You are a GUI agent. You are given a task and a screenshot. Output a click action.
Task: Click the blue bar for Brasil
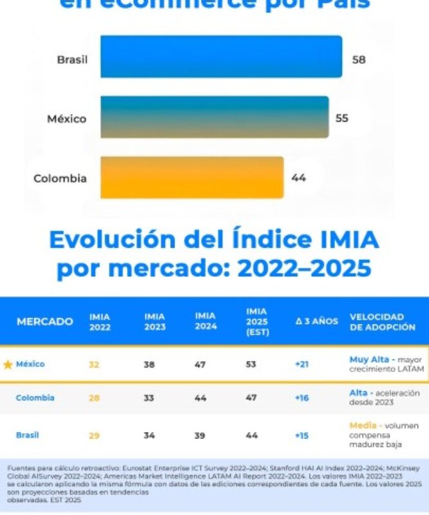[221, 57]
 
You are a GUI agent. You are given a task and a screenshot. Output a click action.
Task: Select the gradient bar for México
[214, 117]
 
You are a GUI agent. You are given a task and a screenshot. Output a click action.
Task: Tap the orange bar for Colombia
[192, 177]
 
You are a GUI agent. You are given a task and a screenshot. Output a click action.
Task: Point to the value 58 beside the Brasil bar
[359, 59]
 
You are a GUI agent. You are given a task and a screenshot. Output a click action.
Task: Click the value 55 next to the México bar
[342, 118]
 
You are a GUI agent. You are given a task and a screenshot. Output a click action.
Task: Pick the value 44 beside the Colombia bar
[298, 178]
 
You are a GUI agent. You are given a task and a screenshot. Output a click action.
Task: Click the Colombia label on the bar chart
[60, 178]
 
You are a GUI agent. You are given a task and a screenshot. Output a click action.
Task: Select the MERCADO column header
[44, 322]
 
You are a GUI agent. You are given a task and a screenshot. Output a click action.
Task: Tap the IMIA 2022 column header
[100, 322]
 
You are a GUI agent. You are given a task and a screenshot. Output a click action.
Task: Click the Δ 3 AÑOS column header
[317, 322]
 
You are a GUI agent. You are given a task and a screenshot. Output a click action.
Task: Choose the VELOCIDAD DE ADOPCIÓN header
[382, 322]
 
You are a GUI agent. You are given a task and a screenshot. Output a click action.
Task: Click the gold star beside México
[8, 364]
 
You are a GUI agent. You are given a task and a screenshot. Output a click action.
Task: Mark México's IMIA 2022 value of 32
[94, 364]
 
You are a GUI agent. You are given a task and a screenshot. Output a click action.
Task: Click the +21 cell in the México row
[301, 364]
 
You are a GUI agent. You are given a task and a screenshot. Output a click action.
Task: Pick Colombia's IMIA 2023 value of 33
[149, 398]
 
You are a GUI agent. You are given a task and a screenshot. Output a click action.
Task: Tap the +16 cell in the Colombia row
[301, 398]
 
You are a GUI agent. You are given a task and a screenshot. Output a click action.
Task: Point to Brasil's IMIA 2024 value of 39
[200, 436]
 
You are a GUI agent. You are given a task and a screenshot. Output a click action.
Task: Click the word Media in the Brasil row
[363, 426]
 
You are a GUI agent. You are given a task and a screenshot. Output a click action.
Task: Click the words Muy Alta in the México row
[369, 359]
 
